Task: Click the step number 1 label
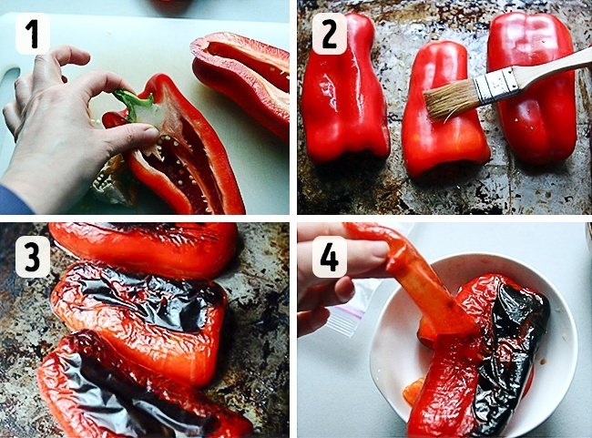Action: point(33,34)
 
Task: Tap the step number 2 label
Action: point(329,34)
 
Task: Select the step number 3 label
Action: point(33,257)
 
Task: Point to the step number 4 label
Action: point(329,257)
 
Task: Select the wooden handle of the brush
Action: point(555,62)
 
